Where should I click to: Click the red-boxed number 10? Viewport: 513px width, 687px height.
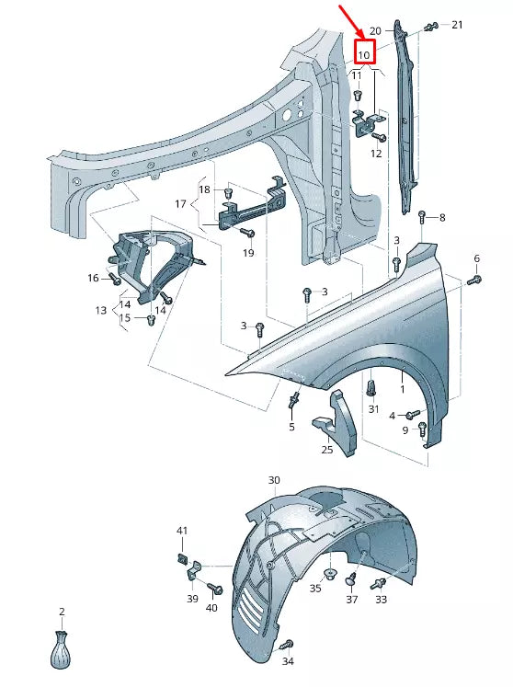tap(365, 53)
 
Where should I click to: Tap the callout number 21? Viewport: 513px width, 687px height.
tap(458, 25)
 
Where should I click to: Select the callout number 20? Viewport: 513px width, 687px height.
tap(374, 31)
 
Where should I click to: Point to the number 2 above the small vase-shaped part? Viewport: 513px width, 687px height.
tap(62, 612)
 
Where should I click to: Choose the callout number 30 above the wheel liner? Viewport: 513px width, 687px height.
tap(274, 480)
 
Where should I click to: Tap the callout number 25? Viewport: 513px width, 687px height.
tap(326, 450)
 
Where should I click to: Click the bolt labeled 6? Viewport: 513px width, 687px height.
tap(475, 278)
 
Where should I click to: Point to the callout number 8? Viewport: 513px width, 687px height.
tap(441, 218)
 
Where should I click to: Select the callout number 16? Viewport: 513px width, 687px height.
tap(93, 278)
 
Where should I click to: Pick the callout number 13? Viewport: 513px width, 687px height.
tap(101, 311)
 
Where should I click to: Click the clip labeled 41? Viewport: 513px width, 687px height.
tap(181, 558)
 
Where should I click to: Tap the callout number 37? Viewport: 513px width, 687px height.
tap(351, 599)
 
